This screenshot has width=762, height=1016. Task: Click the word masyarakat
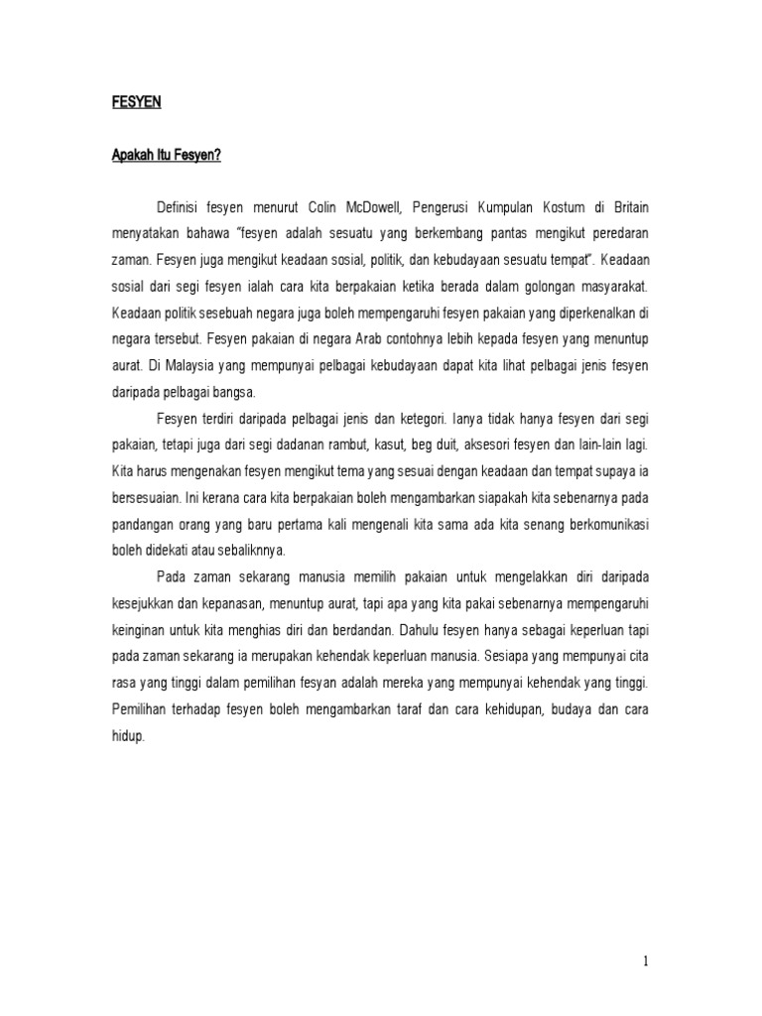click(607, 287)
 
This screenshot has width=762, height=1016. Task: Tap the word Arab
click(342, 338)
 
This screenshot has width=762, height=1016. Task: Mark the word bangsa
click(234, 390)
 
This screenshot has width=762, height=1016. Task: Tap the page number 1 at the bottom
click(646, 960)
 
